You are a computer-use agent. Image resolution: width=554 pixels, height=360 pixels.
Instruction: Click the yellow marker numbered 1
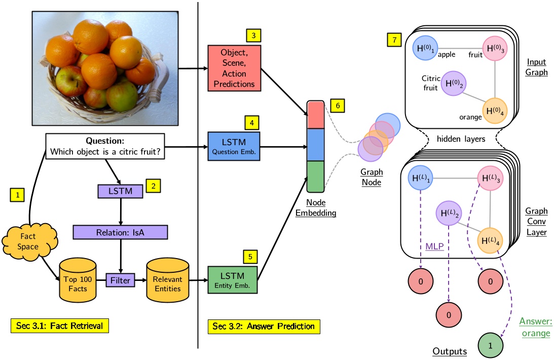[x=17, y=194]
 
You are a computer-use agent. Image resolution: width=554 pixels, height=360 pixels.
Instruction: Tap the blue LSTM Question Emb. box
[x=234, y=147]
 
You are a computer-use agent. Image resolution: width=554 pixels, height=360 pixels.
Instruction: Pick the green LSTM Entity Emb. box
[x=233, y=280]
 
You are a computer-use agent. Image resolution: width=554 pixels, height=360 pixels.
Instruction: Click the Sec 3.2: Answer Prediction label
[x=264, y=326]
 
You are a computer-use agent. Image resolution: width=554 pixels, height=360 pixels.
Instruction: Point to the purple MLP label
[x=434, y=246]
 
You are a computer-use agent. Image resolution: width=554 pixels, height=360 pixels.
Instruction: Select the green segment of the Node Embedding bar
[x=315, y=176]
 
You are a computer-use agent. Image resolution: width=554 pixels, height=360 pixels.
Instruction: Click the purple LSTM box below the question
[x=120, y=191]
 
